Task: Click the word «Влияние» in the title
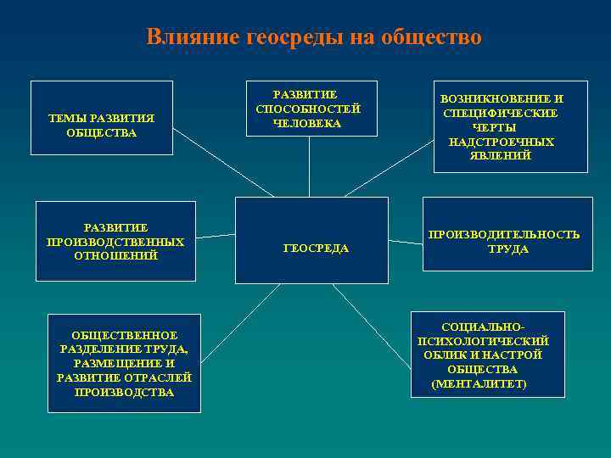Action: [x=193, y=37]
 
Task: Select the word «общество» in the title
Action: [x=431, y=37]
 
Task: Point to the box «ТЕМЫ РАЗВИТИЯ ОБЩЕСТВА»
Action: [x=102, y=118]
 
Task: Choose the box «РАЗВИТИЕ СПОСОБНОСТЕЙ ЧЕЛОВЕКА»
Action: [x=308, y=108]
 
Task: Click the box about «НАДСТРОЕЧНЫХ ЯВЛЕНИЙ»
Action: [x=510, y=126]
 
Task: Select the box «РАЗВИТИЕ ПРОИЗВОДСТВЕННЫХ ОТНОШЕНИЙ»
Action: [x=115, y=241]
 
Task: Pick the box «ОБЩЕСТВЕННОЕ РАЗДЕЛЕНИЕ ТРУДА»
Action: [x=125, y=363]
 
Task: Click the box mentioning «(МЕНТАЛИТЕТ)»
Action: [x=488, y=355]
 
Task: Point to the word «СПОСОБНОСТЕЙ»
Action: [x=308, y=109]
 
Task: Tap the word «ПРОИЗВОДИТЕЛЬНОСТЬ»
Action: [x=504, y=234]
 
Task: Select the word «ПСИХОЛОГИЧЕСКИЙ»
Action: [x=483, y=341]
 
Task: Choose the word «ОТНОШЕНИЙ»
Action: [x=115, y=255]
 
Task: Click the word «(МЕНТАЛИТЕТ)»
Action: [x=479, y=384]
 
